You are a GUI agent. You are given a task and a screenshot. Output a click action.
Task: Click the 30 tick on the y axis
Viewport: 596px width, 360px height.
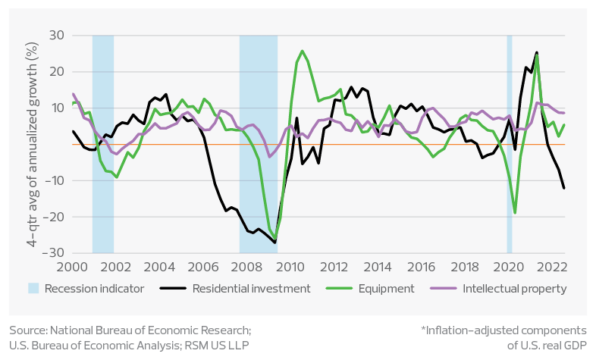(x=58, y=35)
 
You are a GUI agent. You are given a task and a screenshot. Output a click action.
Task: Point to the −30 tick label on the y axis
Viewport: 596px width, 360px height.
(x=55, y=253)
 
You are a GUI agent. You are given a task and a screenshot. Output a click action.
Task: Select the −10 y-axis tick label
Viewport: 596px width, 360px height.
(x=55, y=180)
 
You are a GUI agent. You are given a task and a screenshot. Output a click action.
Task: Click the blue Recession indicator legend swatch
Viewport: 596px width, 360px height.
(x=33, y=289)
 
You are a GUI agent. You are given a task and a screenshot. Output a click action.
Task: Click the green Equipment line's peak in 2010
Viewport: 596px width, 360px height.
(x=303, y=51)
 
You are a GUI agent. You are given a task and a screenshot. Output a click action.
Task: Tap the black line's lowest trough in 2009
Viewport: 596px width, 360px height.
(x=274, y=243)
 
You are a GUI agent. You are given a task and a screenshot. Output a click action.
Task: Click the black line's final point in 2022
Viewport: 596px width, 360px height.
(x=564, y=189)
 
